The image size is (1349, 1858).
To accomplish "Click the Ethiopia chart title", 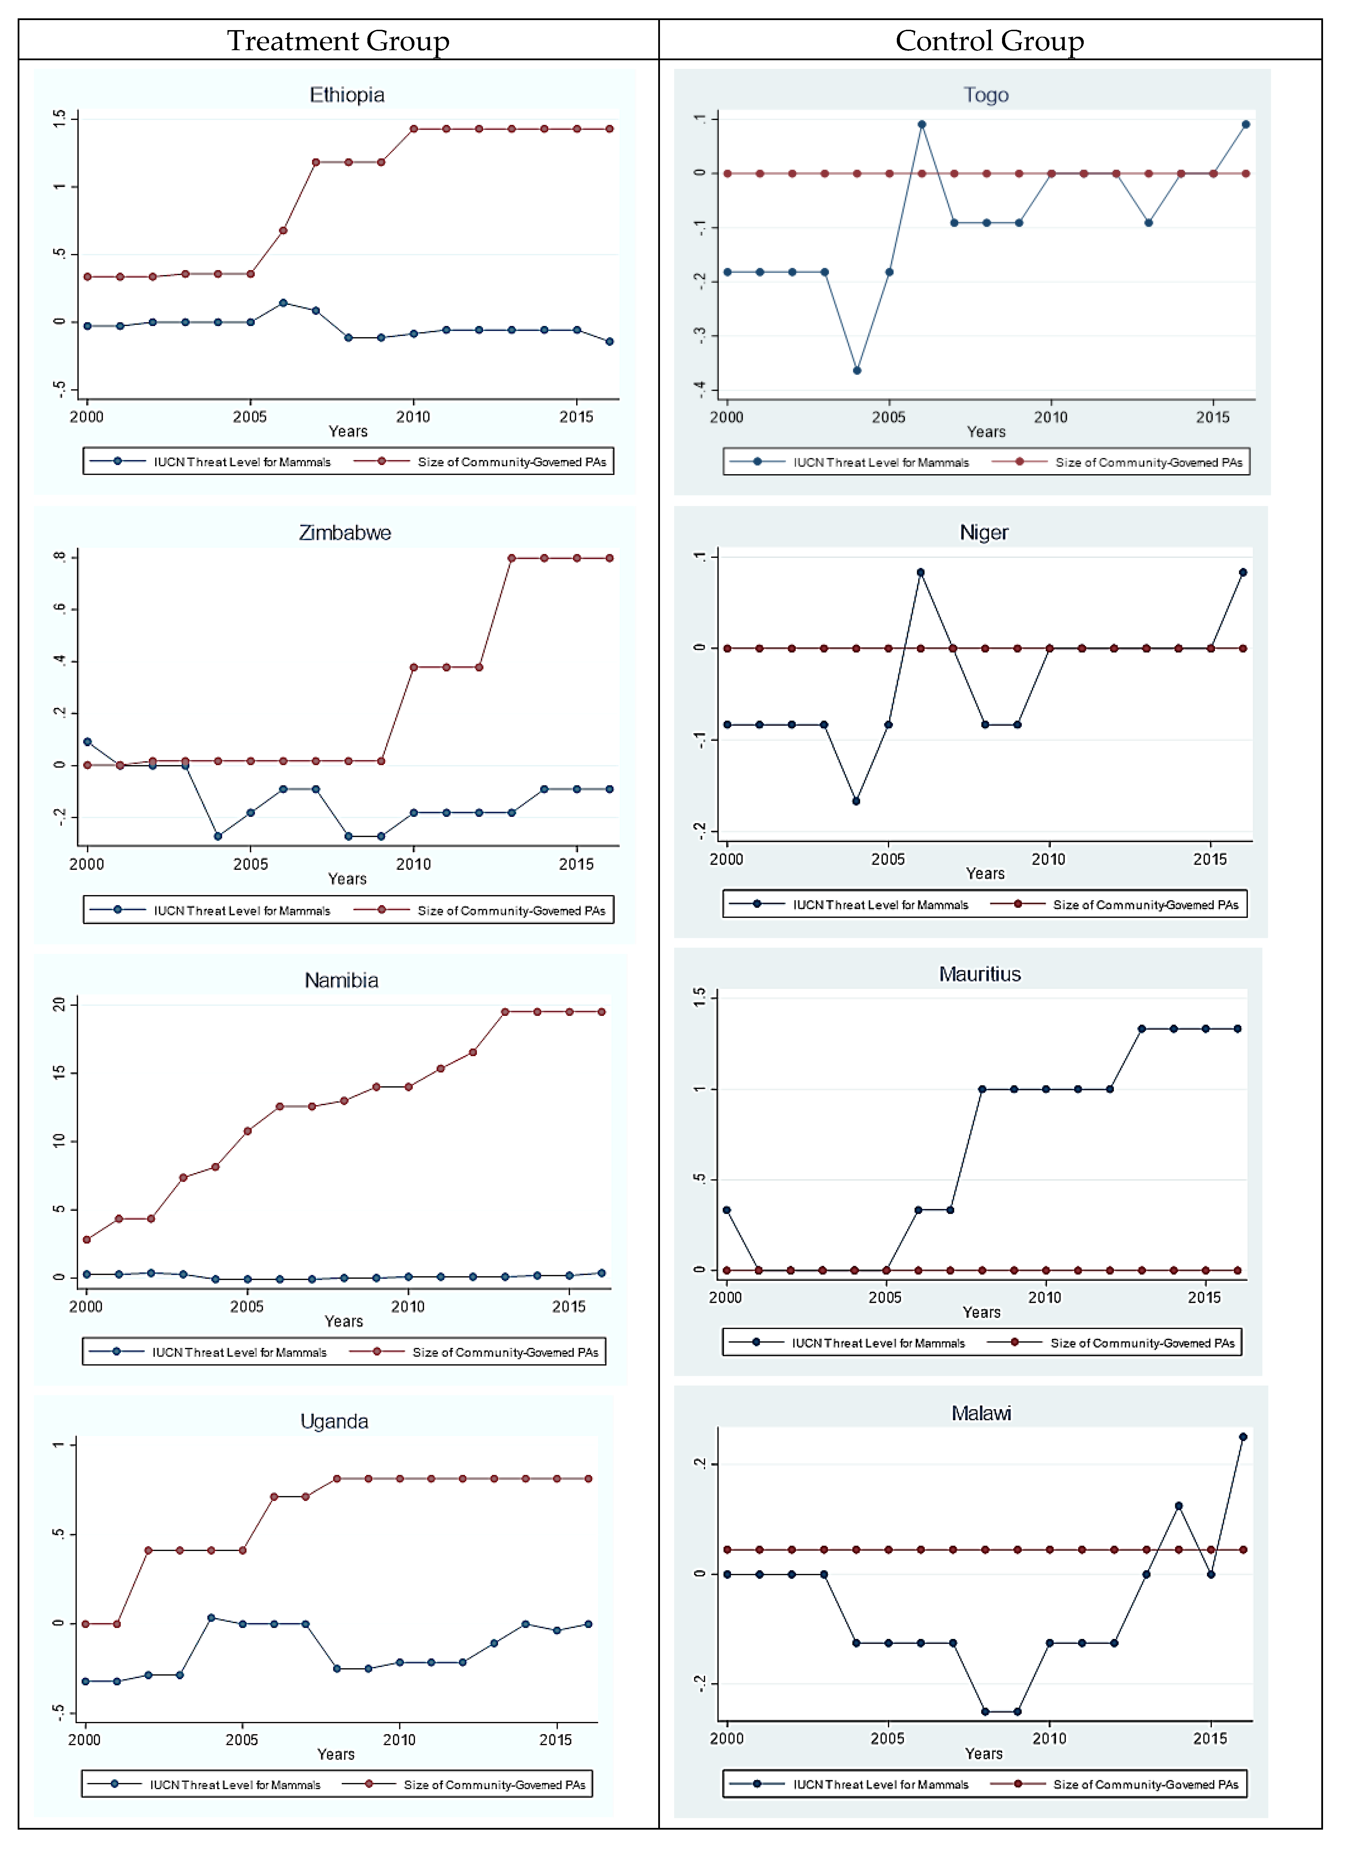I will click(x=347, y=95).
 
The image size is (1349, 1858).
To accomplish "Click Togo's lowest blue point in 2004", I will click(x=856, y=370).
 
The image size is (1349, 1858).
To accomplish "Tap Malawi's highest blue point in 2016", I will click(x=1242, y=1437).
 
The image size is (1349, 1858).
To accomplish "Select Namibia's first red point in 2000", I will click(x=87, y=1239).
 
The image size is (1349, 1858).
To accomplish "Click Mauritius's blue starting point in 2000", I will click(x=726, y=1210).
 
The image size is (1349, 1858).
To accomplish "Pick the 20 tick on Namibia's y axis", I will click(x=59, y=1004).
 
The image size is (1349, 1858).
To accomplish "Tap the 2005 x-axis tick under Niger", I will click(x=887, y=859).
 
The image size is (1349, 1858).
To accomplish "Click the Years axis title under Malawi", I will click(x=983, y=1754).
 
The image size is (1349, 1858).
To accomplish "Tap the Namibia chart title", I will click(x=341, y=981).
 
